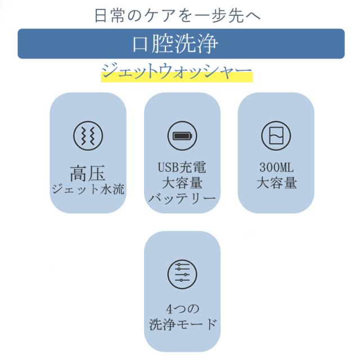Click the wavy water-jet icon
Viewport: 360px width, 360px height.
coord(88,136)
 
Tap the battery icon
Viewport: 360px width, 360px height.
coord(182,136)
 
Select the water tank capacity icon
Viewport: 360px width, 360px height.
coord(276,136)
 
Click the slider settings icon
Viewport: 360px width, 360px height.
coord(182,274)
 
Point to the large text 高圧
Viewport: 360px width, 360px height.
coord(88,173)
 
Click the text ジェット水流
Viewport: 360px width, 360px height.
coord(88,190)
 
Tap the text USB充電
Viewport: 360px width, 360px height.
coord(182,168)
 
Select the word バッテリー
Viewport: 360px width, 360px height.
coord(182,199)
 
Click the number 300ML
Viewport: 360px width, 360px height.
coord(276,168)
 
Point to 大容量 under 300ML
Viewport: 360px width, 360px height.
coord(276,183)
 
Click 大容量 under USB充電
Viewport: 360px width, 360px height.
coord(182,183)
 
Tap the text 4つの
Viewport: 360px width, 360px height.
coord(182,309)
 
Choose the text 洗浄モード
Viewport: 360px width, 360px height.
coord(182,325)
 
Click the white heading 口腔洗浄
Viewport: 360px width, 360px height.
coord(175,44)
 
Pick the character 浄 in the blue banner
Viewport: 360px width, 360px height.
coord(207,44)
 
